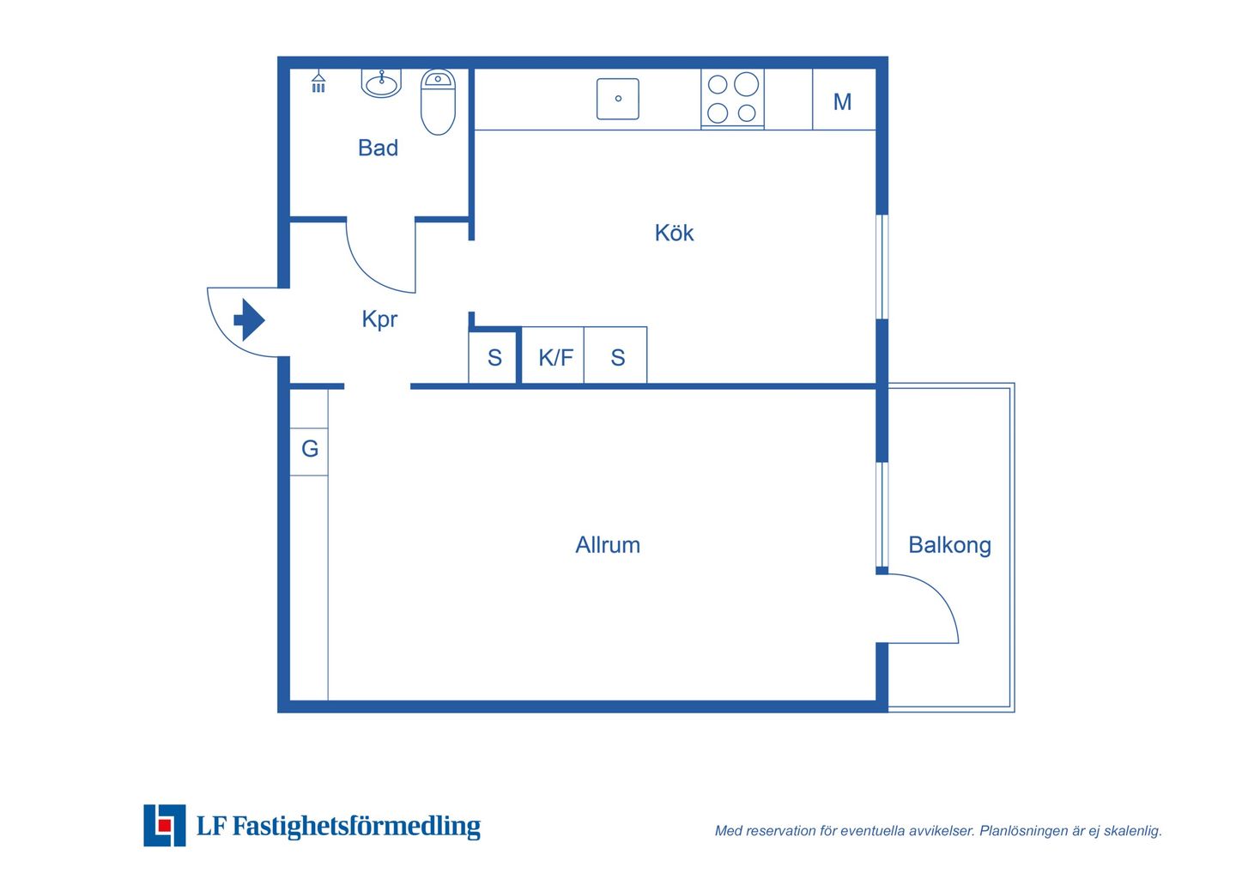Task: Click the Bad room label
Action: (x=378, y=148)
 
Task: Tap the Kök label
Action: (x=674, y=233)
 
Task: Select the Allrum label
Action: (x=608, y=545)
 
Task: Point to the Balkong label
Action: (x=949, y=546)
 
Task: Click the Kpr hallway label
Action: (x=379, y=319)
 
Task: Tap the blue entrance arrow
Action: (x=250, y=320)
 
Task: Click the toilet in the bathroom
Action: (x=438, y=102)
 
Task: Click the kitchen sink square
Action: (x=618, y=99)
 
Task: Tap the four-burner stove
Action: (x=732, y=100)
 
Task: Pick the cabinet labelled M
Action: (x=845, y=100)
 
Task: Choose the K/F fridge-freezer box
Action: (x=553, y=355)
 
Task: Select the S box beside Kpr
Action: (x=493, y=357)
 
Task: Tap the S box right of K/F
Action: (x=615, y=355)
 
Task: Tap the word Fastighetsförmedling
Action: (x=356, y=827)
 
